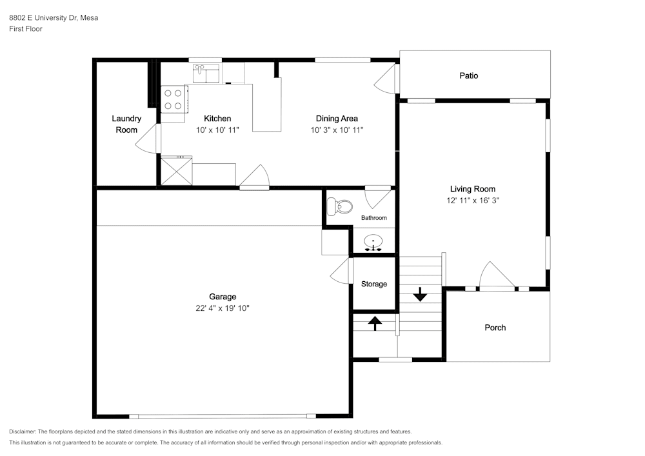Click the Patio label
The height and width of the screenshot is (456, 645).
[468, 75]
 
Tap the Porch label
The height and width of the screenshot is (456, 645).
[495, 328]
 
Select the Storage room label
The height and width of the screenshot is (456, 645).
[374, 284]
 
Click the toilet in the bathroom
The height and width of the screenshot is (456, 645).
[340, 206]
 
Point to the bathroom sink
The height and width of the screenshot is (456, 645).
[373, 243]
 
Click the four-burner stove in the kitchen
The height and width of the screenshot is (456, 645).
[173, 99]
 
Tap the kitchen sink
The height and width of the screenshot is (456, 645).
[206, 73]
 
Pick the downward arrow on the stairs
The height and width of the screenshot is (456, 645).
[420, 294]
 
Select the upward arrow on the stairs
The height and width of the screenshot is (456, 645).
[375, 323]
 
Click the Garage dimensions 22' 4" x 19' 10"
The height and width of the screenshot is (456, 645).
[223, 308]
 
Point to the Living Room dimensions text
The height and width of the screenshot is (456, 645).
[473, 201]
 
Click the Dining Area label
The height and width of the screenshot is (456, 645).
[337, 119]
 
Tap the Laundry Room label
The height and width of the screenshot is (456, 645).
[126, 124]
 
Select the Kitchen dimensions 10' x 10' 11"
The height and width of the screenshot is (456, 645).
[217, 130]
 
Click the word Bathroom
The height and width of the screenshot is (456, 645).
[374, 218]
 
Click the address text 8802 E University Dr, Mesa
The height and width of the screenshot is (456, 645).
[54, 17]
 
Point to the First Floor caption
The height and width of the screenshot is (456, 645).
[26, 29]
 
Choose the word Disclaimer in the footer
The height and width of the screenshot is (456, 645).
[23, 431]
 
